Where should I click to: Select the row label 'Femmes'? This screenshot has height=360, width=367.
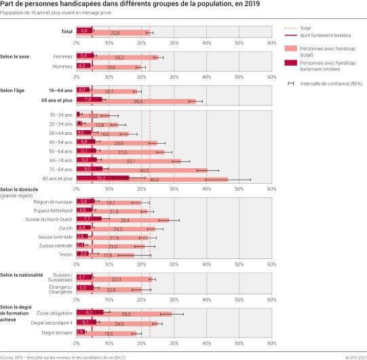62,57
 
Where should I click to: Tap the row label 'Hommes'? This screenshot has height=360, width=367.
61,66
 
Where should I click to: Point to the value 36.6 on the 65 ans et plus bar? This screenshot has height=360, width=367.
138,101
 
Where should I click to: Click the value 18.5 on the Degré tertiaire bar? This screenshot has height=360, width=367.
109,334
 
